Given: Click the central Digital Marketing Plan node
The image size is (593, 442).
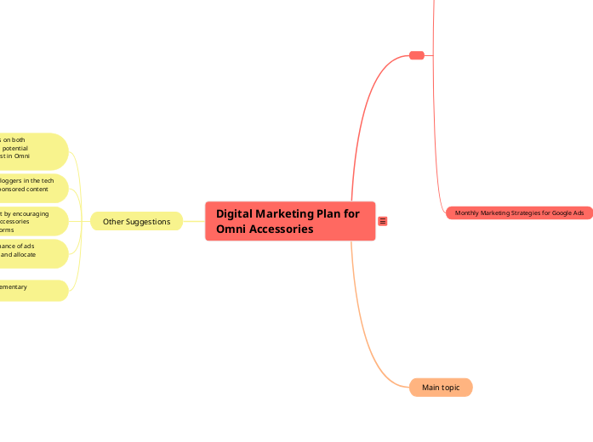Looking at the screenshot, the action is [x=289, y=221].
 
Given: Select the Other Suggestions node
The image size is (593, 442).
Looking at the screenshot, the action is [x=136, y=222].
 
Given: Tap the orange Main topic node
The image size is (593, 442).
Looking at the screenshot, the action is [x=441, y=388].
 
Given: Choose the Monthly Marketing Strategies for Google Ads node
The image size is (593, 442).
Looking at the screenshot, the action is [x=519, y=213].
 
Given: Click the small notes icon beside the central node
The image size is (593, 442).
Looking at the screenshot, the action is [x=383, y=222].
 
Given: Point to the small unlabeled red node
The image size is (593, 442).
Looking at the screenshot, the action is [x=417, y=55].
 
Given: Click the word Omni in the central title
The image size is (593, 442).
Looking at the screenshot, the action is [x=231, y=229].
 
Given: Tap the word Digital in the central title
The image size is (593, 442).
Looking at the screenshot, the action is [x=236, y=214].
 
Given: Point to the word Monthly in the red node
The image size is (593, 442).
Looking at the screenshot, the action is [x=469, y=213].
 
